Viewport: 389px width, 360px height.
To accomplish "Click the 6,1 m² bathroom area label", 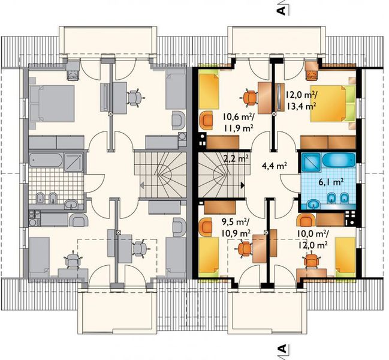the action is (x=331, y=182).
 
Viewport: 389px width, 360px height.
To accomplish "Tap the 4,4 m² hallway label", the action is (x=275, y=165).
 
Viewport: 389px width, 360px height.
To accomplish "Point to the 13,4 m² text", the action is (x=301, y=106).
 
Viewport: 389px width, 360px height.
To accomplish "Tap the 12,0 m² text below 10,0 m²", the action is (x=312, y=245).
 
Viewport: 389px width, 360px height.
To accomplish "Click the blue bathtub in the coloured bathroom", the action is (x=339, y=160).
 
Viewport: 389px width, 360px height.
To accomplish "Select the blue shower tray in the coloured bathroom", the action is (x=311, y=161).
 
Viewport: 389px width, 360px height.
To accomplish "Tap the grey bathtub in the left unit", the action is (x=46, y=160).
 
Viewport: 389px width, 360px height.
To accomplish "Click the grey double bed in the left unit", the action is (x=52, y=104).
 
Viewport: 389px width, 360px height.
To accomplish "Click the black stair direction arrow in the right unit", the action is (x=243, y=185).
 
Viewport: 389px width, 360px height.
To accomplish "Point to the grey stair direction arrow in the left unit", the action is (x=142, y=185).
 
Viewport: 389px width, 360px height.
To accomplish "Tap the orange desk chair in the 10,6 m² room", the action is (x=249, y=98).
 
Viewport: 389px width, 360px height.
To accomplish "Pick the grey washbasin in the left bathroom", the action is (x=72, y=205).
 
